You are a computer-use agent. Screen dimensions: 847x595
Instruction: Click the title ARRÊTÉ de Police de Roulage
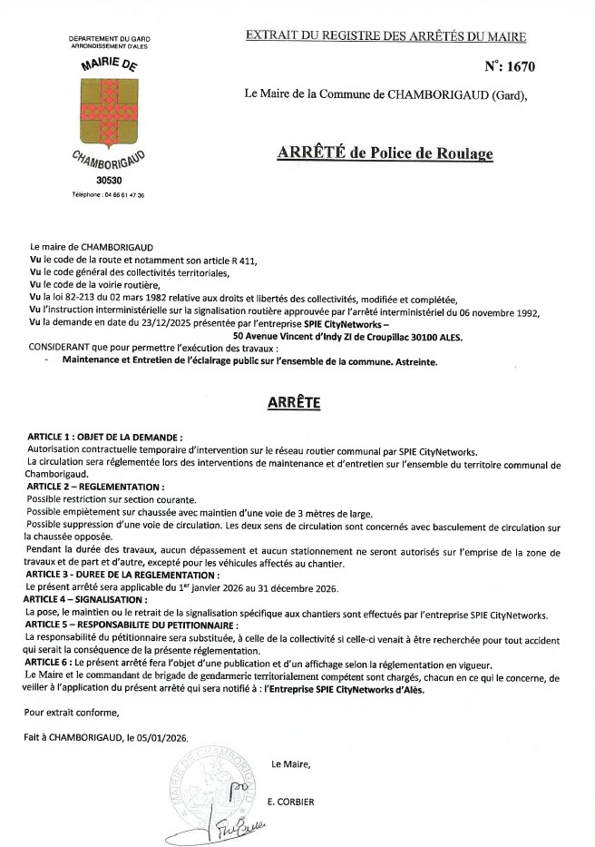tap(385, 153)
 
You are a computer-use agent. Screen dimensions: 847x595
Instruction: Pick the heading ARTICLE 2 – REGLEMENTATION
tap(95, 488)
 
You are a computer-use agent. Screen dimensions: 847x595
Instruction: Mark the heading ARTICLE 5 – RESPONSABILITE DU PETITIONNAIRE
tap(132, 626)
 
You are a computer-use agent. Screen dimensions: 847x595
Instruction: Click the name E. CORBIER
tap(290, 803)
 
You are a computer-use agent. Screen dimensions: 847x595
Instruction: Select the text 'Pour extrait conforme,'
tap(67, 712)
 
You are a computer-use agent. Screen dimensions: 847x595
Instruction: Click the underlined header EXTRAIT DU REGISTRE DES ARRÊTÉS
tap(385, 36)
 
